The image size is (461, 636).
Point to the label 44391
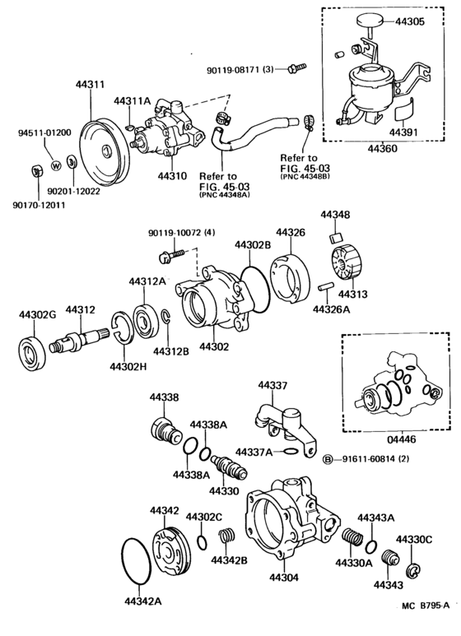pos(403,131)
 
